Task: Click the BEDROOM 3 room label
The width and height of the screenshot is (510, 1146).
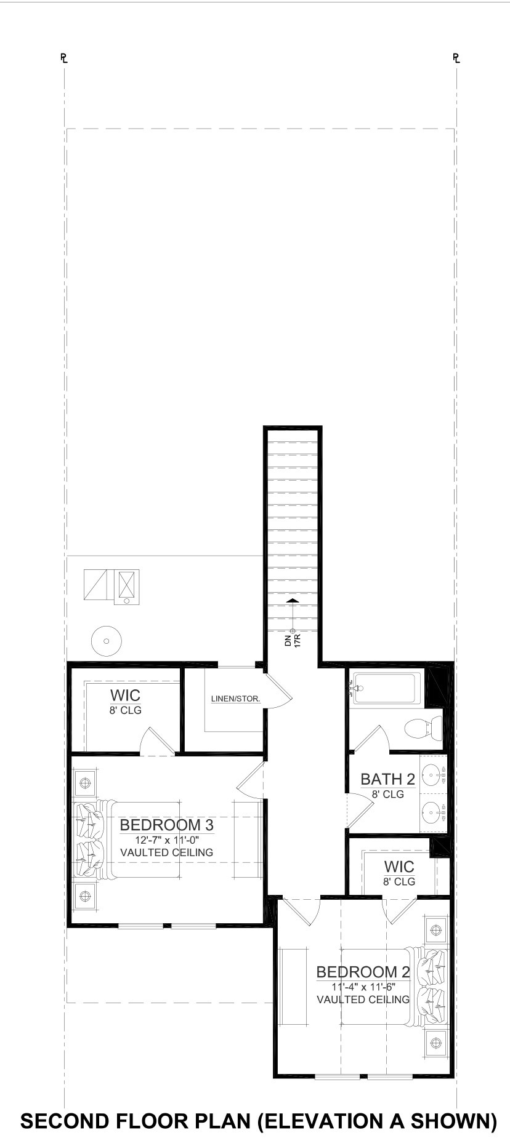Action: coord(166,825)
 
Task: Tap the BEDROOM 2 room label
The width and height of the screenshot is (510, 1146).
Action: coord(363,972)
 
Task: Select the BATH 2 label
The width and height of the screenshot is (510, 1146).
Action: coord(387,779)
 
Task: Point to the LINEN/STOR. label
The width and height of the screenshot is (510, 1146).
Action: coord(235,699)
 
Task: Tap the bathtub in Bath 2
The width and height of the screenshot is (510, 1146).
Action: coord(386,688)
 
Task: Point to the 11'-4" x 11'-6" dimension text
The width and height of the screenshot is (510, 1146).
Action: coord(363,986)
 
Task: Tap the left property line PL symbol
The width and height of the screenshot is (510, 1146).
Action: coord(63,58)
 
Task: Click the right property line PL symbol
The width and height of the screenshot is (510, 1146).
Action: coord(456,58)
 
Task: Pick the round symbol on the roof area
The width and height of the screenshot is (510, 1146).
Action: coord(107,641)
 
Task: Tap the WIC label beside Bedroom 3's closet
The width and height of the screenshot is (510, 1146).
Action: coord(125,695)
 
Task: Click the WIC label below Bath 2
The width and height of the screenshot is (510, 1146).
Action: coord(399,867)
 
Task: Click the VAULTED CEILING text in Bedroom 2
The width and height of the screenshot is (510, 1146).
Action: coord(363,1000)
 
